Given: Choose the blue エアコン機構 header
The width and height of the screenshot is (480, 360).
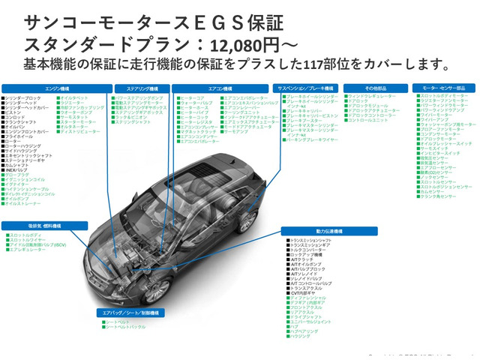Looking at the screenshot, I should (221, 88).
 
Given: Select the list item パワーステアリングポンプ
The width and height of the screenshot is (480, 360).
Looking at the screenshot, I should (139, 98).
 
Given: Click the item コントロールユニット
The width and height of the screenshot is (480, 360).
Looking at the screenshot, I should (368, 120).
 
